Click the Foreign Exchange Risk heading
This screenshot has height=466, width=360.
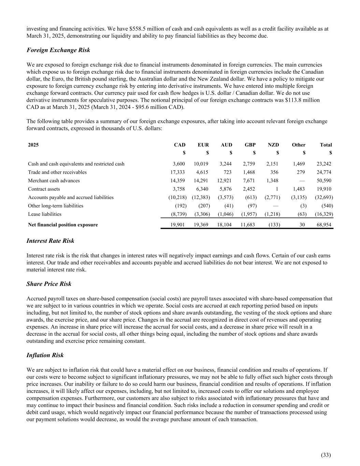click(x=58, y=50)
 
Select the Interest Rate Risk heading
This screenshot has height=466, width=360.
click(x=50, y=241)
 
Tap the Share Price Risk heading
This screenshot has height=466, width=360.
click(x=49, y=284)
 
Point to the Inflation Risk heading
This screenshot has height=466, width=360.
click(x=45, y=355)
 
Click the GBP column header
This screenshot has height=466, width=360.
click(x=250, y=145)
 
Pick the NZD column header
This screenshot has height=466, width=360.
click(x=273, y=145)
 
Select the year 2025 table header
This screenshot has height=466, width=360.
click(x=33, y=145)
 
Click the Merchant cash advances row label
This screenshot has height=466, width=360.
click(x=54, y=181)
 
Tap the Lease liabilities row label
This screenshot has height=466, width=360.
click(x=45, y=214)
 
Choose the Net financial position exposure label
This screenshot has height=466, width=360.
click(x=63, y=225)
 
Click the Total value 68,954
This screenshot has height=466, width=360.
click(x=324, y=225)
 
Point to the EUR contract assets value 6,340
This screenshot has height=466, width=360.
click(x=202, y=189)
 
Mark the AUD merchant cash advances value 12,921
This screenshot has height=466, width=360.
click(x=225, y=181)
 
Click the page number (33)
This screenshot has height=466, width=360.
click(x=326, y=454)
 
